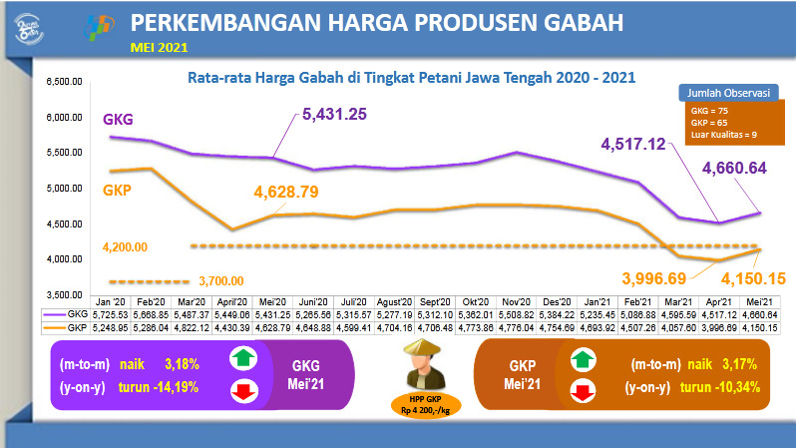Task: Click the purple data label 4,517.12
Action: pos(632,145)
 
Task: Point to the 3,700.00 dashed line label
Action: pos(220,280)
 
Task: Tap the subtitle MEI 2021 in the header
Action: pos(158,46)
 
